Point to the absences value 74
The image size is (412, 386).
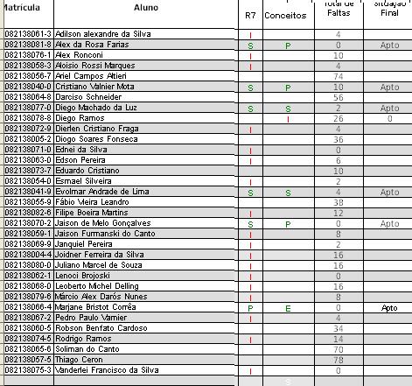[338, 76]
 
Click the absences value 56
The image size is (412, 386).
[338, 97]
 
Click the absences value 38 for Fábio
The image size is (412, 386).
[338, 202]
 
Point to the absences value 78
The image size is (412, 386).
[338, 360]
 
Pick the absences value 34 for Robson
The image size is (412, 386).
[338, 328]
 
